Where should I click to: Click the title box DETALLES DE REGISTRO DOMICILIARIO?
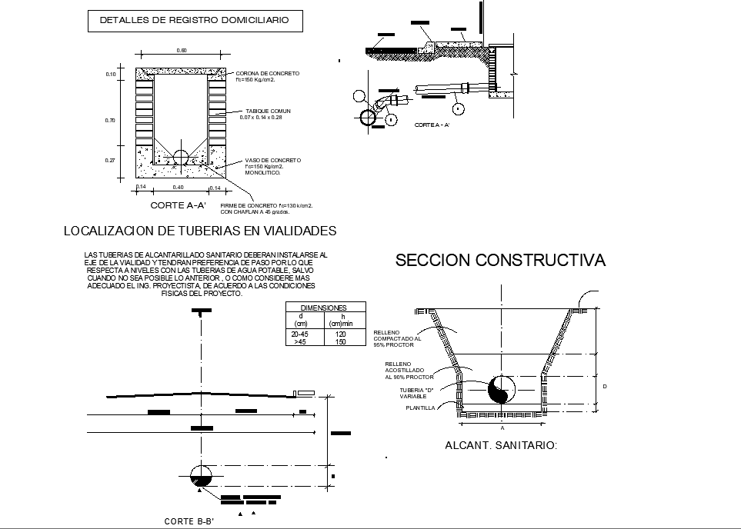195,21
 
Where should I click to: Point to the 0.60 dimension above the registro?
182,51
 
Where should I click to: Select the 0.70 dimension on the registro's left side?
110,121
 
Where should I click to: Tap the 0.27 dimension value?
110,161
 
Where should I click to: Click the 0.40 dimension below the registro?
178,187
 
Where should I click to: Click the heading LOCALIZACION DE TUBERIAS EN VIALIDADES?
199,231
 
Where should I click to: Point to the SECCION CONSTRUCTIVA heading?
500,261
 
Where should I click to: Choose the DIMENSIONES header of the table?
322,308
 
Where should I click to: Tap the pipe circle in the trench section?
501,390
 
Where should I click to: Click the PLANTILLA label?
420,408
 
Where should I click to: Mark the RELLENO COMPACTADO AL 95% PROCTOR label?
398,338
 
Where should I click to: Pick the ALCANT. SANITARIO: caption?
501,445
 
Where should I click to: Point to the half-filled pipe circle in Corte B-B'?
201,476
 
